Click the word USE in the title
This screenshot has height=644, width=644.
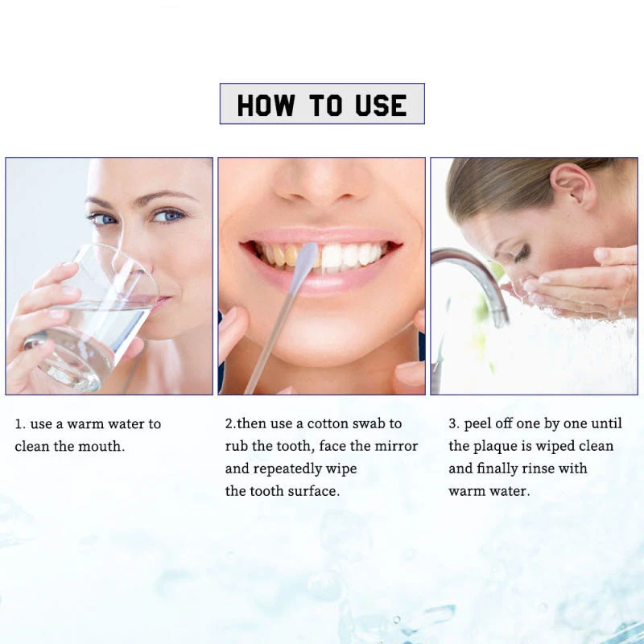click(x=378, y=105)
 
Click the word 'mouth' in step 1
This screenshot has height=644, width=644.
click(x=104, y=446)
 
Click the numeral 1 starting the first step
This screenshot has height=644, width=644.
click(x=18, y=423)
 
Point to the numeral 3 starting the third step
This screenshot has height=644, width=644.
click(x=452, y=423)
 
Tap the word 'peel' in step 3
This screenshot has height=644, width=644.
click(x=478, y=423)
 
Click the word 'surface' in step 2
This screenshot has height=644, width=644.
click(x=313, y=491)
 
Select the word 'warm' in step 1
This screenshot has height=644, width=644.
click(x=85, y=423)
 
